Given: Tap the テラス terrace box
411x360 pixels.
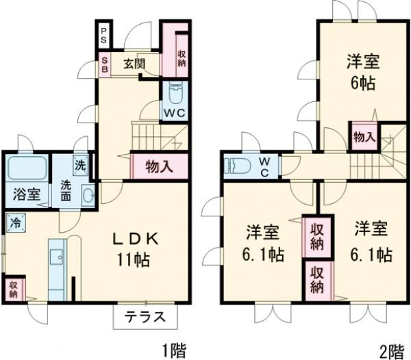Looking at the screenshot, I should pyautogui.click(x=145, y=317).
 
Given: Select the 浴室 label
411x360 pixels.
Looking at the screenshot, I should pyautogui.click(x=24, y=194).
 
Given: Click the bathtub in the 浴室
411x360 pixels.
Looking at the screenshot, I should pyautogui.click(x=27, y=168).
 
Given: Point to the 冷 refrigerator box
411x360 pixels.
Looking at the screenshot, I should pyautogui.click(x=14, y=222).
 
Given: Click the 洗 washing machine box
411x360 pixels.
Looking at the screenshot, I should pyautogui.click(x=81, y=165).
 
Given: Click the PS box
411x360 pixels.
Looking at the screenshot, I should pyautogui.click(x=103, y=34).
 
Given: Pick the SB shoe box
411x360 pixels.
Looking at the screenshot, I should pyautogui.click(x=105, y=67).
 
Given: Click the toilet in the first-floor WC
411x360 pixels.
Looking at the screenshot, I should pyautogui.click(x=174, y=92).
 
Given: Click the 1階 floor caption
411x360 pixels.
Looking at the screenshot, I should pyautogui.click(x=173, y=352).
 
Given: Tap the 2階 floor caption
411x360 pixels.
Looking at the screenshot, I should pyautogui.click(x=391, y=352).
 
